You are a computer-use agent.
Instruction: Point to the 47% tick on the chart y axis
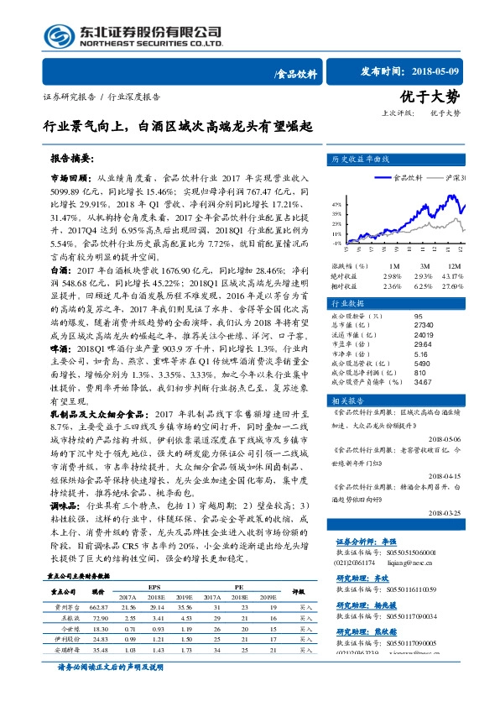(336, 204)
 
